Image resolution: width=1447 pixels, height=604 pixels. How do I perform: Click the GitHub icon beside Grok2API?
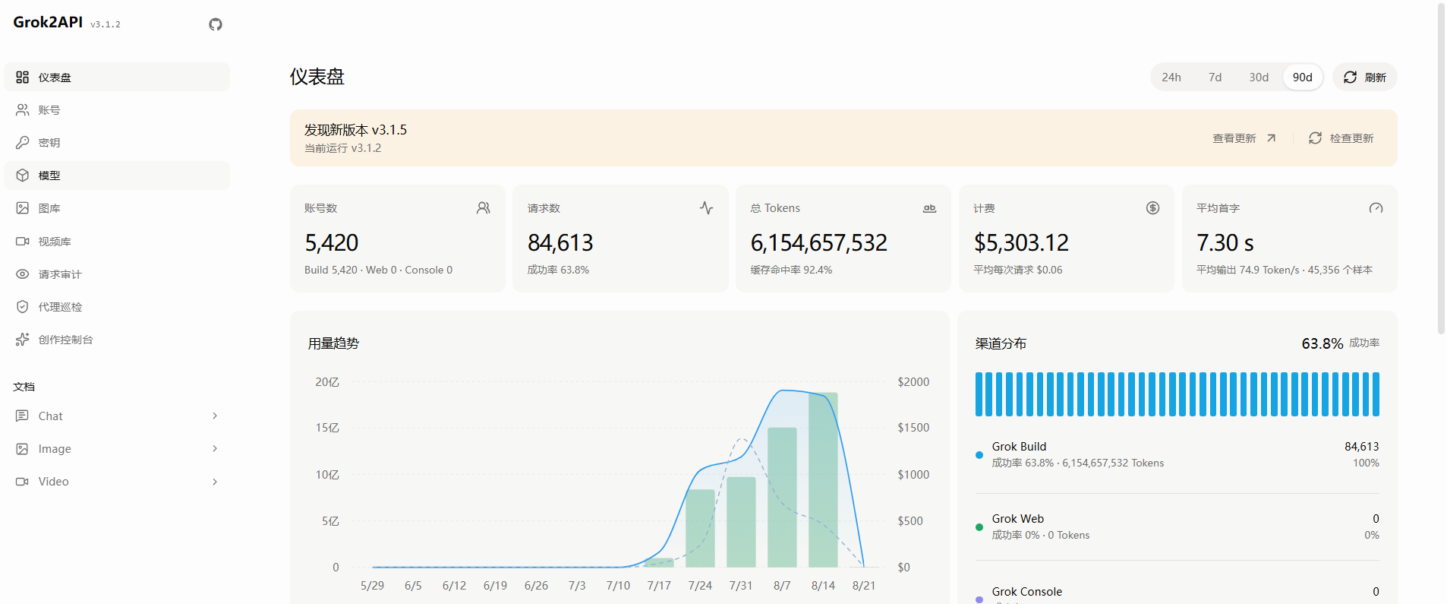click(216, 24)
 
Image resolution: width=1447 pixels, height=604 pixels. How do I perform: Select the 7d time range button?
click(1215, 77)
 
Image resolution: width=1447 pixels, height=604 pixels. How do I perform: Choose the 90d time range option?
click(1302, 77)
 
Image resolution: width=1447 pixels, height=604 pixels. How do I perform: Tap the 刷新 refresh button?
click(1364, 77)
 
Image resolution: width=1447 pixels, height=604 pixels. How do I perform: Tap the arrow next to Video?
click(215, 482)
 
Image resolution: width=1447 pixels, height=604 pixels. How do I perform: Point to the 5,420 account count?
click(331, 242)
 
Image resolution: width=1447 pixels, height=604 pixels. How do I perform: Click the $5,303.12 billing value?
click(1021, 242)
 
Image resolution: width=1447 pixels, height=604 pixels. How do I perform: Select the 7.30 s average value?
click(1225, 242)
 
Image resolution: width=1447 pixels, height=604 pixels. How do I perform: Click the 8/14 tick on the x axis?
click(823, 586)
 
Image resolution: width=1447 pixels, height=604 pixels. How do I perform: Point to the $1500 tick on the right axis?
click(913, 428)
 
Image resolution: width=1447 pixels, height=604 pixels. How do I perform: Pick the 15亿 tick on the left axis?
click(327, 428)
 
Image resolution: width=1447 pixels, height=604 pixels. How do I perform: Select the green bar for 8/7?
click(782, 497)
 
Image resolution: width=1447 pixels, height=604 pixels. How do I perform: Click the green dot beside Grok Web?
click(979, 527)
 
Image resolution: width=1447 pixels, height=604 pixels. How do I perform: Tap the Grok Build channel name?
click(1019, 447)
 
